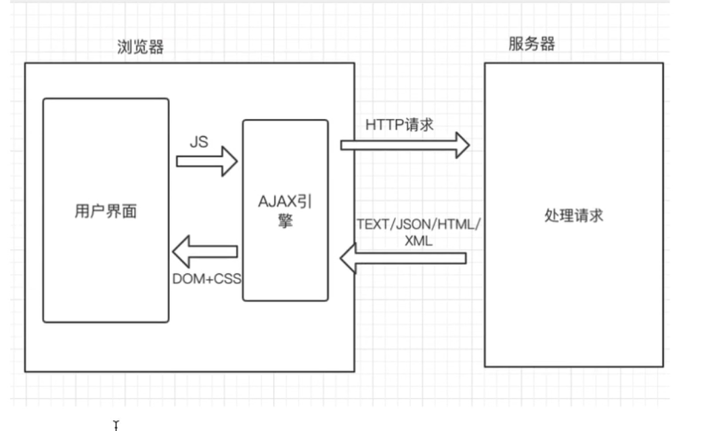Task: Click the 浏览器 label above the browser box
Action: point(140,47)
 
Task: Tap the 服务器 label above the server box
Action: point(531,44)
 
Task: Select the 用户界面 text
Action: point(105,211)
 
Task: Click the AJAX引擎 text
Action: point(285,202)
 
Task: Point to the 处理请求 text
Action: point(573,216)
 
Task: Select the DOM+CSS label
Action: point(207,278)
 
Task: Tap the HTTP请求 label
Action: point(400,125)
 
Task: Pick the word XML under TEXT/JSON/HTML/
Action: point(419,242)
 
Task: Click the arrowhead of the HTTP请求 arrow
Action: point(462,145)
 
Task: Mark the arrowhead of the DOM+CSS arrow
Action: point(181,252)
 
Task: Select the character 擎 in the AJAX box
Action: point(285,221)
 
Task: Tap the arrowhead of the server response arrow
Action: point(348,258)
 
